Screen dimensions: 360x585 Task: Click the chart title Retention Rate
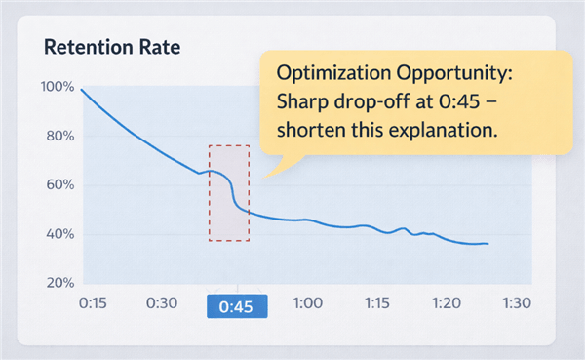coord(106,47)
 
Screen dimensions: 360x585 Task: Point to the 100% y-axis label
coord(57,87)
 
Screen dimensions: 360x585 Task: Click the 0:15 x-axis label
coord(94,304)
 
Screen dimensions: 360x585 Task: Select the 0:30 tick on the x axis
coord(160,304)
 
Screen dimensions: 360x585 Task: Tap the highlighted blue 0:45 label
coord(237,306)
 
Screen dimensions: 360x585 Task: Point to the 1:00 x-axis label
coord(307,304)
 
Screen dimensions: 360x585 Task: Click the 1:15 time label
coord(376,304)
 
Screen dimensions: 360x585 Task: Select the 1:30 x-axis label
coord(514,304)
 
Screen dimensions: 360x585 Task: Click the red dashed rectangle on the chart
coord(229,193)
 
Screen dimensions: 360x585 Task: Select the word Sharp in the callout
coord(302,103)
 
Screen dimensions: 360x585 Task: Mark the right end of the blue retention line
coord(487,243)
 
